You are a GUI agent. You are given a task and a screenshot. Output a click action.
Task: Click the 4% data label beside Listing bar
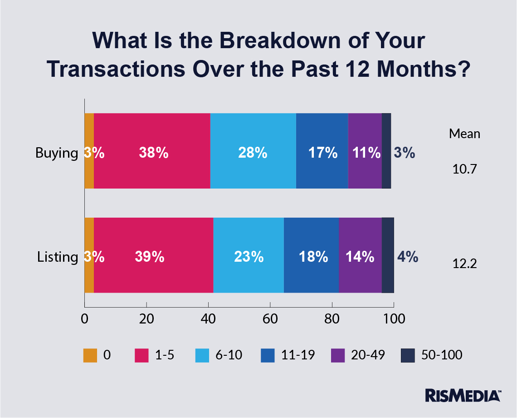click(x=407, y=257)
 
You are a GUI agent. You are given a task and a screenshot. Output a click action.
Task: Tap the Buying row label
click(x=57, y=153)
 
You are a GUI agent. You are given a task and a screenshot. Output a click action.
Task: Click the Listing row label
click(x=58, y=257)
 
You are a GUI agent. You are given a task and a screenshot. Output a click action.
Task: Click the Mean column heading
click(x=464, y=134)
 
